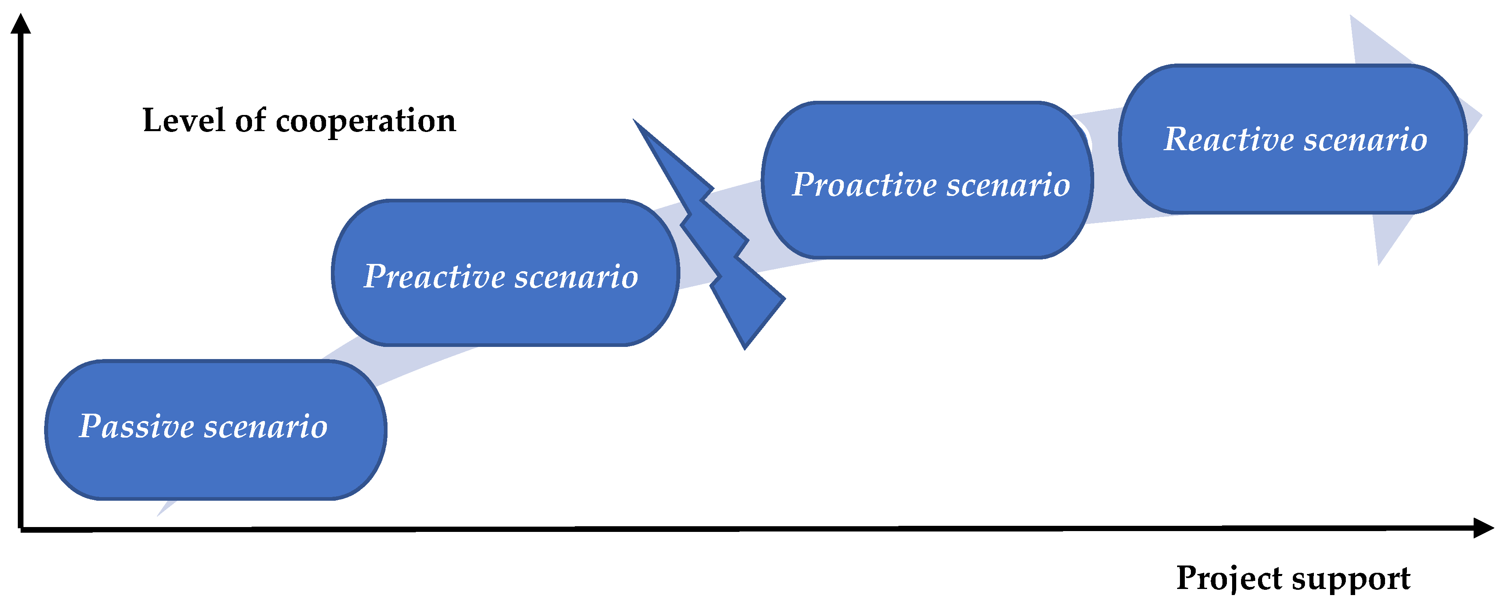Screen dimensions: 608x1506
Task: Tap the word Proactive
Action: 865,185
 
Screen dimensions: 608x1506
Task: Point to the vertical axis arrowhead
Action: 21,25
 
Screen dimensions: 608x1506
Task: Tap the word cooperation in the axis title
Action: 365,121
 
